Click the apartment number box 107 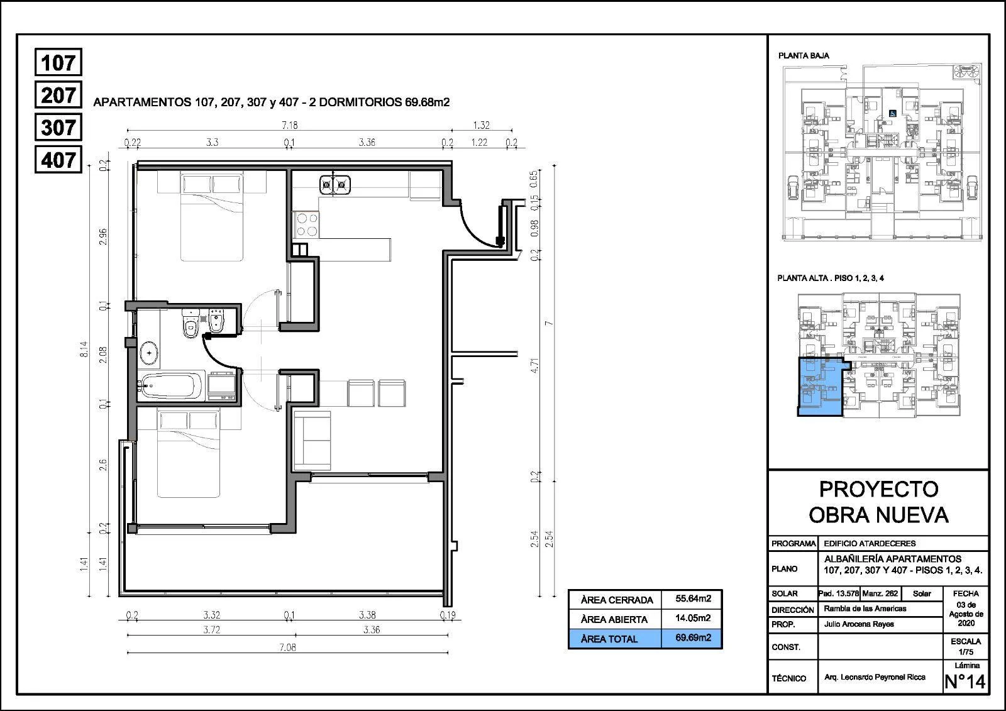coord(58,62)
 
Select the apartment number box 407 coord(58,160)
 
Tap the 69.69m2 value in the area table coord(693,638)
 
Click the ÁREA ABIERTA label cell coord(614,619)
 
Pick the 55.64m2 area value coord(693,598)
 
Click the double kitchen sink coord(334,185)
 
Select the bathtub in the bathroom coord(171,385)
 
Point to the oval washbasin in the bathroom coord(150,353)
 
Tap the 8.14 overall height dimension coord(84,350)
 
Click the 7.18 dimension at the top coord(290,125)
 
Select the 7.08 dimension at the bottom coord(287,648)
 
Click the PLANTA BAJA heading coord(804,56)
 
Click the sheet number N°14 coord(965,681)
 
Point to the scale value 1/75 coord(966,652)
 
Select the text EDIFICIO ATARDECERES coord(870,544)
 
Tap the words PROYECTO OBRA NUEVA coord(879,502)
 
